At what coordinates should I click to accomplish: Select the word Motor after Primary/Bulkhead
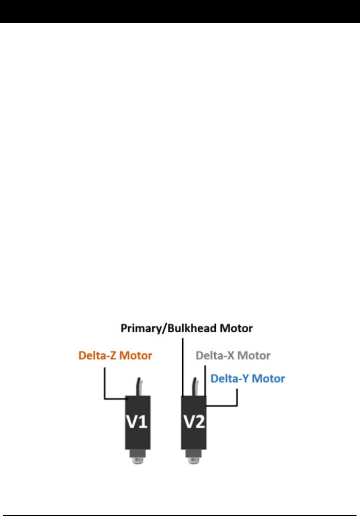click(x=236, y=329)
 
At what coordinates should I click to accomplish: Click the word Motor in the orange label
click(x=136, y=356)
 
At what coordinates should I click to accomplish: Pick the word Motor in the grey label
click(x=254, y=356)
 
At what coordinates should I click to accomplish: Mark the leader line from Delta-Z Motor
click(x=105, y=384)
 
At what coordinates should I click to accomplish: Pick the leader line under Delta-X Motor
click(x=205, y=380)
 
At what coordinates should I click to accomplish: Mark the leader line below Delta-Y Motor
click(x=237, y=399)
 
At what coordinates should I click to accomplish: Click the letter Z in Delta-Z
click(x=113, y=356)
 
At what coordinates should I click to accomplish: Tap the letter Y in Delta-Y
click(x=245, y=378)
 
